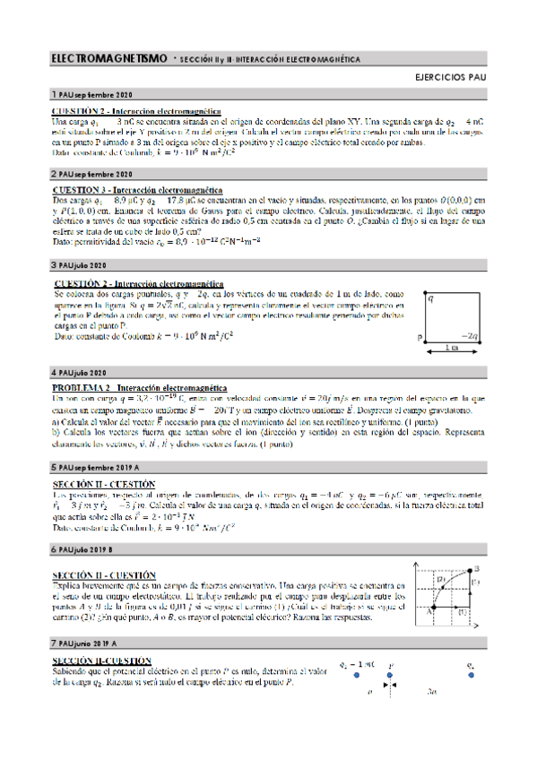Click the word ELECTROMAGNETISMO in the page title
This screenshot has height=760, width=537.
[108, 59]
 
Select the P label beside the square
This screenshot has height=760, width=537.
[420, 338]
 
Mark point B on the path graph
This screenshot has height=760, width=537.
[477, 568]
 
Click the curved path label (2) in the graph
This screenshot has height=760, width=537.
[441, 580]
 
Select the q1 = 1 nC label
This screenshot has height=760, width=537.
[357, 664]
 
